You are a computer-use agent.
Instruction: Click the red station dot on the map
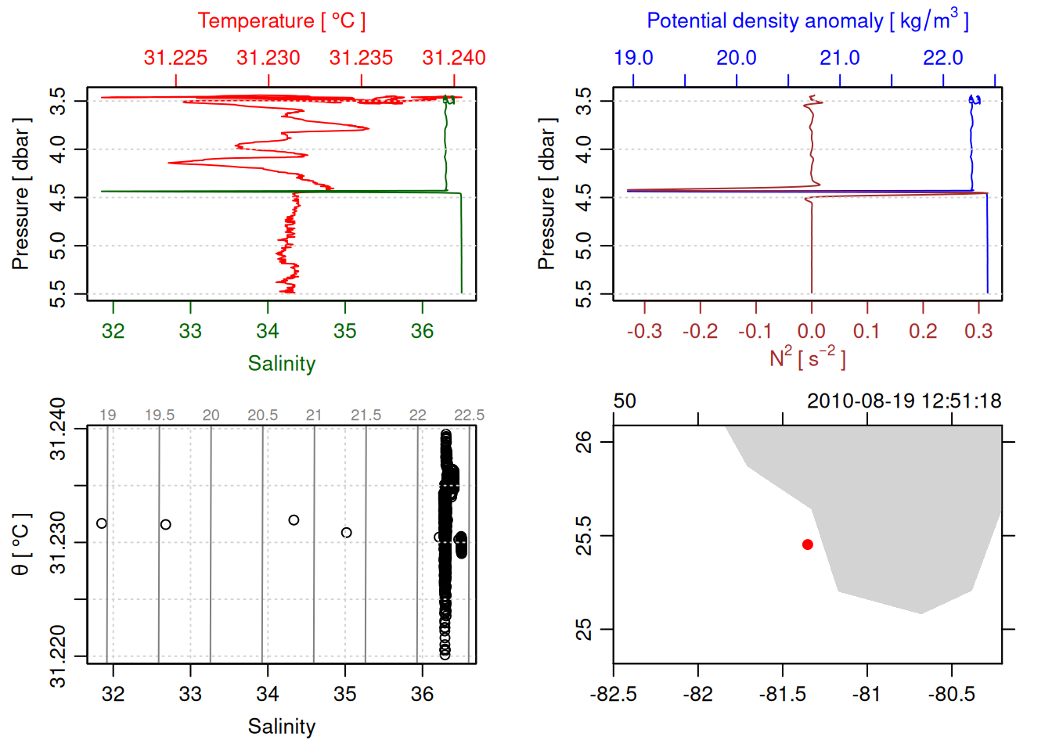point(807,544)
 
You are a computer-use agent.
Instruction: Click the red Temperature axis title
point(281,21)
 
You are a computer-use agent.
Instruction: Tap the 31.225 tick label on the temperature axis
point(175,58)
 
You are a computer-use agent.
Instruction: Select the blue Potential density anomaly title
point(807,21)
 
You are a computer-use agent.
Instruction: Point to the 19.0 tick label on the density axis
point(633,58)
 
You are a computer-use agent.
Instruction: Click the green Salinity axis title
point(281,364)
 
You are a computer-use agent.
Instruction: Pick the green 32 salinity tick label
point(113,331)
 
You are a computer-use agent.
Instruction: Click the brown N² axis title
point(807,358)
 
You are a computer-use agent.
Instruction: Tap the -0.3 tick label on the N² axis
point(644,331)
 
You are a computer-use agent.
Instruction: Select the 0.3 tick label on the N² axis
point(978,331)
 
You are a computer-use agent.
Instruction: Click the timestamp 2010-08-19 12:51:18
point(904,401)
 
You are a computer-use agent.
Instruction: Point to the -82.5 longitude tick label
point(613,695)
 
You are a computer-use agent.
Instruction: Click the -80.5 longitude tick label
point(952,695)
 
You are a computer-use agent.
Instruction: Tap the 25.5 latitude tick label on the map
point(584,536)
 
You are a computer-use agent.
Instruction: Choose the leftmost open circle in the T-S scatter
point(102,523)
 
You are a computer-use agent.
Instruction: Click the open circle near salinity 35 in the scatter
point(346,533)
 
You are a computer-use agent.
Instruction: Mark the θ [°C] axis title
point(20,544)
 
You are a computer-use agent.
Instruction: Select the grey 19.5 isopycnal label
point(159,415)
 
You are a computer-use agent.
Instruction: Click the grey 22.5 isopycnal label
point(469,415)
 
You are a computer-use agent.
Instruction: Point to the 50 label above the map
point(625,401)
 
